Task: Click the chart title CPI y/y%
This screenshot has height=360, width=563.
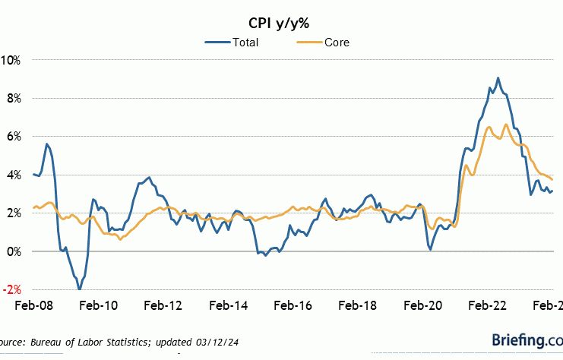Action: coord(281,21)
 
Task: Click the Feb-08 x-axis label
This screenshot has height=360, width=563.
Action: coord(33,305)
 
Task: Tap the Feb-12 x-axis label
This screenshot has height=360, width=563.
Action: coord(163,305)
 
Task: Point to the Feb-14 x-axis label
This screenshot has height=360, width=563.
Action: coord(228,305)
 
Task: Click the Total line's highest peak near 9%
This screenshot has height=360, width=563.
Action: coord(498,78)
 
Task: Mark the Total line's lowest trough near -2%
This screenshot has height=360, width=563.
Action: coord(79,289)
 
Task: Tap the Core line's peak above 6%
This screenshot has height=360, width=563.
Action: coord(505,125)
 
